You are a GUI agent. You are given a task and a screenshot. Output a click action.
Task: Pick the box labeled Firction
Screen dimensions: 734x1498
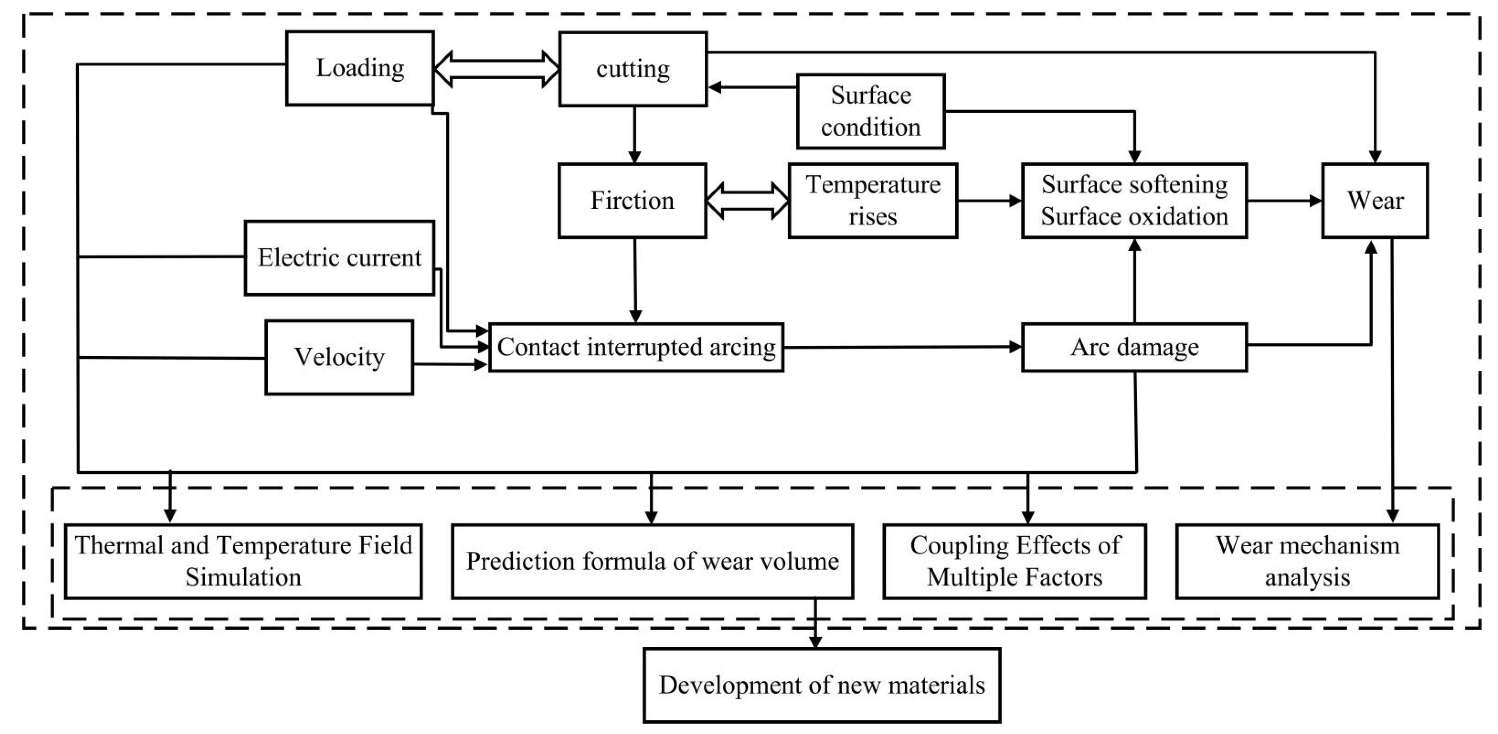(x=632, y=201)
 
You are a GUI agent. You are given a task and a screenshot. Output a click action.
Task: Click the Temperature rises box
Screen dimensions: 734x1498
(x=872, y=201)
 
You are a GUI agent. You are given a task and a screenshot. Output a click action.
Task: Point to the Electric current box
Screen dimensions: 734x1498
(x=339, y=258)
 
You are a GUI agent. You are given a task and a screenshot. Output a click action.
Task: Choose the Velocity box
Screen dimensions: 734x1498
(x=339, y=357)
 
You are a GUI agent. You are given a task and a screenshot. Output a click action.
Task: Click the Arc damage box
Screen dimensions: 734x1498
(x=1134, y=347)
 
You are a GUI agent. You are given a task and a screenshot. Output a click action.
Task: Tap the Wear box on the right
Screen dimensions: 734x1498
(x=1375, y=201)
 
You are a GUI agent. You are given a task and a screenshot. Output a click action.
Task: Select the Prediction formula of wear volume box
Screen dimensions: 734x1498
(x=652, y=561)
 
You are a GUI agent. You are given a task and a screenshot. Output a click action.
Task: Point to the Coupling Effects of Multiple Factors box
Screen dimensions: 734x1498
(x=1014, y=561)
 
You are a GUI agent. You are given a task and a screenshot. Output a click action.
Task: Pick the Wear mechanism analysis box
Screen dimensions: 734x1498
(x=1307, y=561)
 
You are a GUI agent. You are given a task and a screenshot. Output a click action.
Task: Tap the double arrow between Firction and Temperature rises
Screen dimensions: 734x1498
(x=747, y=201)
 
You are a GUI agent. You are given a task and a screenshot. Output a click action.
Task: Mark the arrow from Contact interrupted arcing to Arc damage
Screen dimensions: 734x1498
(x=901, y=347)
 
